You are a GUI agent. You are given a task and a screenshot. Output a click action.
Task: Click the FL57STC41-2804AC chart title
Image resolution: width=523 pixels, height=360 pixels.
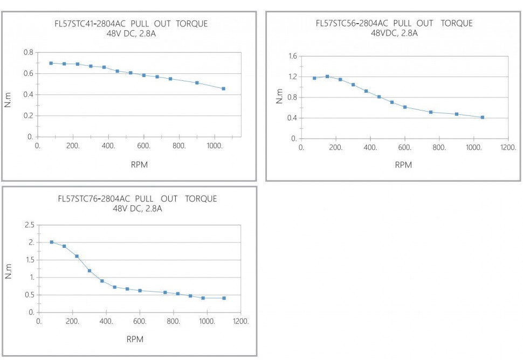pyautogui.click(x=127, y=24)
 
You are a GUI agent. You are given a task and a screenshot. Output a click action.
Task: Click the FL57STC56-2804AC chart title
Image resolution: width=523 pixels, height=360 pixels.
pyautogui.click(x=394, y=23)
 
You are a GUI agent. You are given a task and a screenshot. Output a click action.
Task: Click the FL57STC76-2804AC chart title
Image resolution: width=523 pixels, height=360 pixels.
pyautogui.click(x=137, y=199)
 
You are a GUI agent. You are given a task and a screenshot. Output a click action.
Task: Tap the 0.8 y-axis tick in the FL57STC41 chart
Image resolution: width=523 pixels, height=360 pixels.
pyautogui.click(x=28, y=52)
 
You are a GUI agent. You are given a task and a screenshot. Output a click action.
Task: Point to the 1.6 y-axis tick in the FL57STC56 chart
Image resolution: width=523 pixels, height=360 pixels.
pyautogui.click(x=293, y=56)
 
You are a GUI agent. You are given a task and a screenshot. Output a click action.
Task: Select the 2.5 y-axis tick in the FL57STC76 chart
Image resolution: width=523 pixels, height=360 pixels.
pyautogui.click(x=29, y=225)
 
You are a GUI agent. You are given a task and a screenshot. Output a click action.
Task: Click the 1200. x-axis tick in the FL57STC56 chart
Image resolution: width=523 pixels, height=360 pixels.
pyautogui.click(x=508, y=147)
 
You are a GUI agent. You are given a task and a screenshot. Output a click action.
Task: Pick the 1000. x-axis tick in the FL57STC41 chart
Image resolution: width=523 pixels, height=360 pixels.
pyautogui.click(x=215, y=146)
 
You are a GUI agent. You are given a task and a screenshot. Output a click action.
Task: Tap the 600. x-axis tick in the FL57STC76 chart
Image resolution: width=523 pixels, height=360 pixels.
pyautogui.click(x=140, y=321)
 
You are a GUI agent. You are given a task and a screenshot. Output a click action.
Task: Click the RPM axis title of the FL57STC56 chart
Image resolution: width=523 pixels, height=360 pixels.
pyautogui.click(x=403, y=165)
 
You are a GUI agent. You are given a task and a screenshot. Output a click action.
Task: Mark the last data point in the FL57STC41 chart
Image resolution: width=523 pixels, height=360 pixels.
pyautogui.click(x=223, y=88)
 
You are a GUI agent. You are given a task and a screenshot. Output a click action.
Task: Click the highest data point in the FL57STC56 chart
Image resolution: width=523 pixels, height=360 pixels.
pyautogui.click(x=327, y=77)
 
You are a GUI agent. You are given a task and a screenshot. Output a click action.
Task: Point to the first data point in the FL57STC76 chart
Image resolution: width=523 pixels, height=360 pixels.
pyautogui.click(x=52, y=242)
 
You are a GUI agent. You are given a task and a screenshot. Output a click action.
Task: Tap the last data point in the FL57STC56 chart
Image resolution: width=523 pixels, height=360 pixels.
pyautogui.click(x=482, y=117)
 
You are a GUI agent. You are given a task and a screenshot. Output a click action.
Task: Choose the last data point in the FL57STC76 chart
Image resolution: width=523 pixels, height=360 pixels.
pyautogui.click(x=224, y=298)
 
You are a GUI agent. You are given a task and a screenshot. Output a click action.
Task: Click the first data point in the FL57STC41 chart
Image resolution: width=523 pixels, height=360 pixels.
pyautogui.click(x=51, y=63)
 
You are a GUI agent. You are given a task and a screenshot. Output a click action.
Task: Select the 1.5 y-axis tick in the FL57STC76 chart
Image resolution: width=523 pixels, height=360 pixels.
pyautogui.click(x=29, y=260)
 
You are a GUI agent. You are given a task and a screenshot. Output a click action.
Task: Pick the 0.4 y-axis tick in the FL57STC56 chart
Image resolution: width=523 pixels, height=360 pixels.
pyautogui.click(x=293, y=118)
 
